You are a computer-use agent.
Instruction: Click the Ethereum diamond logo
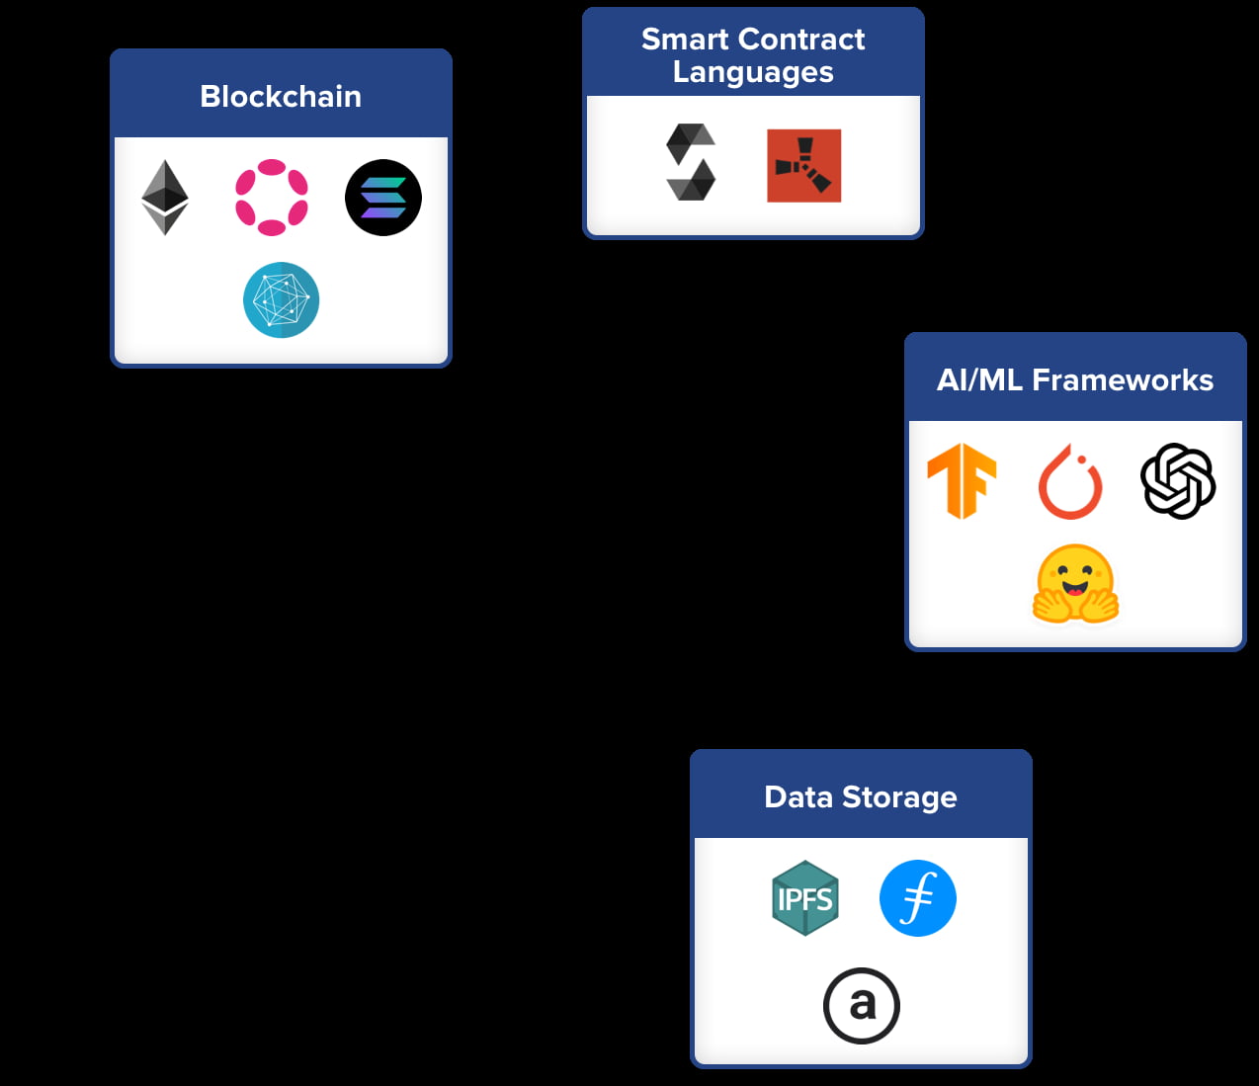[x=165, y=198]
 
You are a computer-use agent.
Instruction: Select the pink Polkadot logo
[x=272, y=198]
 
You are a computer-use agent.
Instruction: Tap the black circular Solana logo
[x=383, y=198]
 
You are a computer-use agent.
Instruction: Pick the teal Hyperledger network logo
[x=281, y=300]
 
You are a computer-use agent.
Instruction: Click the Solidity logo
[x=691, y=162]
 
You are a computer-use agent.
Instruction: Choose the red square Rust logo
[x=803, y=166]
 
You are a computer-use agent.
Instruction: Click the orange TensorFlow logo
[x=962, y=481]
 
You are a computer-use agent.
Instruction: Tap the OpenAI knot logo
[x=1178, y=481]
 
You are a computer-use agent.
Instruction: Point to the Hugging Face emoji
[x=1075, y=584]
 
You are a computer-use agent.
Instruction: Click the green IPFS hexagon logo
[x=805, y=898]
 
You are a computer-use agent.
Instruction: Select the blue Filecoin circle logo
[x=917, y=898]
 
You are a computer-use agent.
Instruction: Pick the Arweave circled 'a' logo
[x=862, y=1006]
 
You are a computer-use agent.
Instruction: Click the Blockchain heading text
[x=281, y=96]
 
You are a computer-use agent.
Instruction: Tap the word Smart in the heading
[x=684, y=40]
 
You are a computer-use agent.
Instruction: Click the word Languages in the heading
[x=753, y=72]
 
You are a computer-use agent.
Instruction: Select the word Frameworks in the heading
[x=1123, y=380]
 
